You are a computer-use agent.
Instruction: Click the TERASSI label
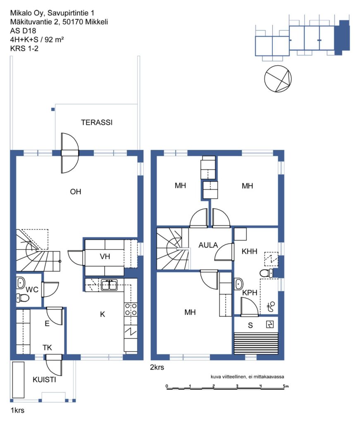pos(97,122)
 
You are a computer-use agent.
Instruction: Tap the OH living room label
pos(76,192)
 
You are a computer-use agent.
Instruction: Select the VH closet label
pos(105,256)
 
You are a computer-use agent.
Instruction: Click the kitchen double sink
pos(109,285)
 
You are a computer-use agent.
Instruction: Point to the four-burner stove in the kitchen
pos(131,309)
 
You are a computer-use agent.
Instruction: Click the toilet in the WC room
pos(23,298)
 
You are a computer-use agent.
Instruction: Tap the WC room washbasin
pos(21,283)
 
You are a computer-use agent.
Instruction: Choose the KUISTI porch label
pos(44,380)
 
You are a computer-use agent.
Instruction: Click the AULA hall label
pos(208,245)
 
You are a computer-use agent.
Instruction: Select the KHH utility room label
pos(249,252)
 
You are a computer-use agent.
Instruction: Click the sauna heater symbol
pos(270,324)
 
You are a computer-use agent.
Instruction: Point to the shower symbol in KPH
pos(271,307)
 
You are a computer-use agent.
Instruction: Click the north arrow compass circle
pos(278,79)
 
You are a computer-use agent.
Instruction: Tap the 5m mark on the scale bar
pos(286,386)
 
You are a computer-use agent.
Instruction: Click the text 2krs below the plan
pos(157,367)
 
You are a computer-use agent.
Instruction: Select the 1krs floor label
pos(17,410)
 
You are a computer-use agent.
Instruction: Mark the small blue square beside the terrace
pos(53,109)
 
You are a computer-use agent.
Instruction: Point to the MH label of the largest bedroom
pos(190,312)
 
